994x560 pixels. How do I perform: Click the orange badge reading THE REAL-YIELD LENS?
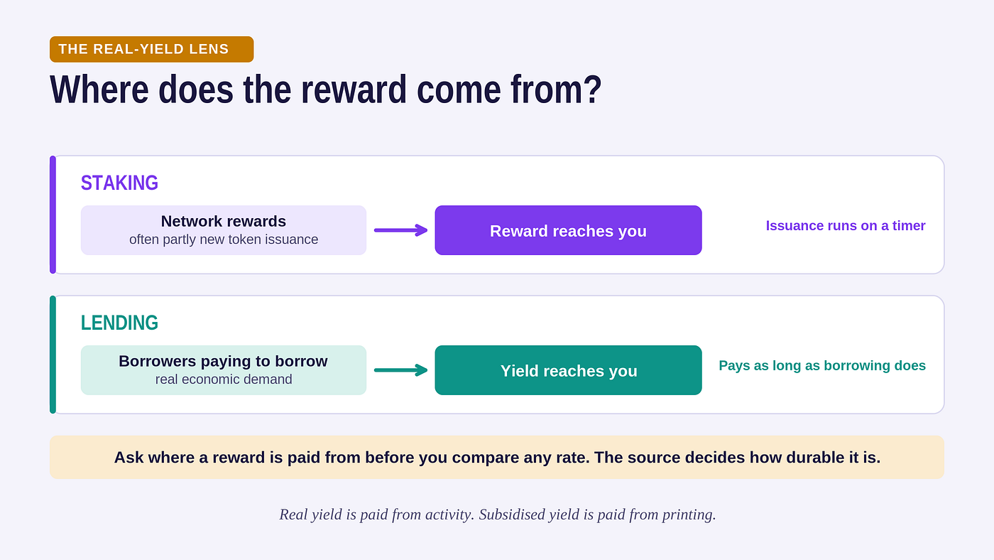[152, 49]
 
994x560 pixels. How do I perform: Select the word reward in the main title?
[354, 90]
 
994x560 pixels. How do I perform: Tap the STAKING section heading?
[119, 183]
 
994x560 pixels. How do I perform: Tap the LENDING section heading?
[119, 323]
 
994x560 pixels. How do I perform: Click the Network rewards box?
[224, 230]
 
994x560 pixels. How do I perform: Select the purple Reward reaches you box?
[569, 230]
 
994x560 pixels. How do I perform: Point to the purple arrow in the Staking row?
[400, 230]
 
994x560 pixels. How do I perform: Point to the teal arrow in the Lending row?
[400, 370]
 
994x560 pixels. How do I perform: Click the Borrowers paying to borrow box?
[224, 370]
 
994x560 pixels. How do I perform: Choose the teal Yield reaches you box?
[569, 370]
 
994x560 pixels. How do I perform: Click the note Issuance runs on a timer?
[846, 225]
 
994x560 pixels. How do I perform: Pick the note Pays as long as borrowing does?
[822, 365]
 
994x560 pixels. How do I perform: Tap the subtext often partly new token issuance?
[224, 239]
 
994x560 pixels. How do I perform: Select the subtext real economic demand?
[224, 379]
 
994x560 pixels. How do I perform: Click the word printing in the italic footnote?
[689, 515]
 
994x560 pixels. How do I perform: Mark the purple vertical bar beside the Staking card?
[53, 215]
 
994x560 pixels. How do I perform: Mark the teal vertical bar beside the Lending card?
[53, 355]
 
